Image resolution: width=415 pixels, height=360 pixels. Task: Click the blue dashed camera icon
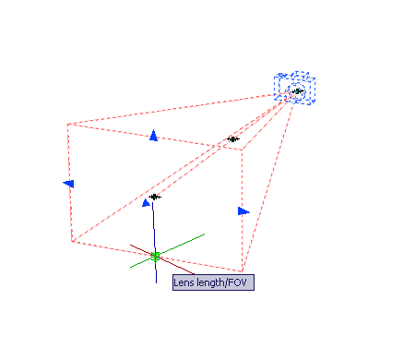click(294, 88)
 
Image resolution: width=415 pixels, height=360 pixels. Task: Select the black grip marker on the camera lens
click(298, 91)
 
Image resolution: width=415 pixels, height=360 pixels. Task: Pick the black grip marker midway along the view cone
click(233, 139)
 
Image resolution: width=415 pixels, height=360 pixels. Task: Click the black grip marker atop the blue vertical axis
click(155, 197)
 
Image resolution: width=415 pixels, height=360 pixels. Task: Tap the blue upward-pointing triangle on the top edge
click(153, 136)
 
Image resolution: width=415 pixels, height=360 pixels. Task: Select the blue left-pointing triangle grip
click(68, 184)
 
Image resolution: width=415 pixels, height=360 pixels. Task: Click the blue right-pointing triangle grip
click(243, 211)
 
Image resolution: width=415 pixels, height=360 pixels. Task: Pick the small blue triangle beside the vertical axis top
click(146, 203)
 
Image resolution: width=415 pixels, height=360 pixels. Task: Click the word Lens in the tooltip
click(184, 282)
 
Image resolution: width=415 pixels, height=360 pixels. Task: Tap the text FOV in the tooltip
click(238, 282)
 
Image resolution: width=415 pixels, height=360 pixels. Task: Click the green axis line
click(167, 251)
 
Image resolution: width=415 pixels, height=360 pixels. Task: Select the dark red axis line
click(162, 259)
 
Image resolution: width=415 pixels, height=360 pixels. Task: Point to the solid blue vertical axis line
click(154, 243)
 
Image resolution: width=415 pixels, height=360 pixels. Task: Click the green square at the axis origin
click(155, 257)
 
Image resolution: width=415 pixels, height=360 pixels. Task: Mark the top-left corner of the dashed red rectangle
click(67, 125)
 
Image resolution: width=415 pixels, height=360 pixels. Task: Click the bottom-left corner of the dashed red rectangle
click(72, 242)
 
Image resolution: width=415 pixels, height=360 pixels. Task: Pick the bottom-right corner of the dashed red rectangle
click(243, 271)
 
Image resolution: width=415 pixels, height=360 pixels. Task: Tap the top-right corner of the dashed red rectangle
click(242, 150)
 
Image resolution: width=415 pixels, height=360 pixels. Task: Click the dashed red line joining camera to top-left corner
click(172, 109)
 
